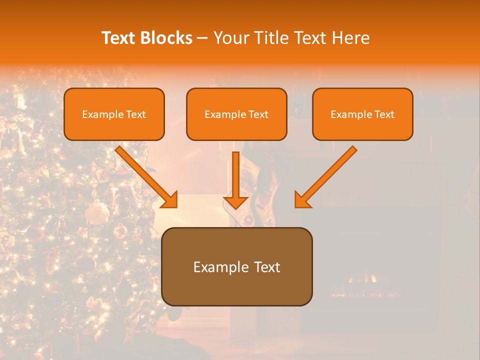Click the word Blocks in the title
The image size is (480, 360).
(167, 38)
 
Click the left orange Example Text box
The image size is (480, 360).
(114, 114)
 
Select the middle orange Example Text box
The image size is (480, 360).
(236, 114)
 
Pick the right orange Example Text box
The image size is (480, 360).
(362, 114)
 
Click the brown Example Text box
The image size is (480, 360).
(236, 266)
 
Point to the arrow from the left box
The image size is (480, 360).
(145, 175)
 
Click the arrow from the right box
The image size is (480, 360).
(327, 175)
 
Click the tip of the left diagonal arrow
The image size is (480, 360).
(176, 206)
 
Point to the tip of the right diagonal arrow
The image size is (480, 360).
(296, 206)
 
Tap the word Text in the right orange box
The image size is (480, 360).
(384, 114)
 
